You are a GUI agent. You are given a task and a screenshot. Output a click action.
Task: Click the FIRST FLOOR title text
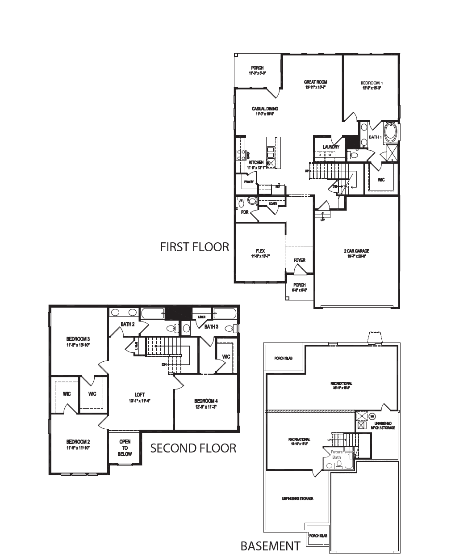tap(194, 247)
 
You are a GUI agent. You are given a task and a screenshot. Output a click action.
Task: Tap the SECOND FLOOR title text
tap(193, 448)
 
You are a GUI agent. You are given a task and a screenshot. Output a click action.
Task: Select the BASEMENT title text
tap(270, 546)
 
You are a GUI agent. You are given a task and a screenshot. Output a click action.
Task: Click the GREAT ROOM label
tap(315, 82)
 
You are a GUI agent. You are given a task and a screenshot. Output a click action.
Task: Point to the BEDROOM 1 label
tap(372, 83)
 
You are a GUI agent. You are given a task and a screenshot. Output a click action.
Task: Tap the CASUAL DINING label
tap(265, 109)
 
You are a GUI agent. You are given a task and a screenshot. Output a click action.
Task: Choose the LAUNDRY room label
tap(331, 147)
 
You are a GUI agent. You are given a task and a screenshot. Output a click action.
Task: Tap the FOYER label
tap(299, 260)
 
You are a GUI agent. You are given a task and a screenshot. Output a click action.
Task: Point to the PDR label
tap(244, 212)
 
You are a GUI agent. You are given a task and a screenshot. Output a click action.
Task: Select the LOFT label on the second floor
tap(139, 394)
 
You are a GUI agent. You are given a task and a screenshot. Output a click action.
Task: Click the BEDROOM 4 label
tap(205, 401)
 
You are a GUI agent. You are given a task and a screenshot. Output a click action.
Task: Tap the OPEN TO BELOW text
tap(125, 448)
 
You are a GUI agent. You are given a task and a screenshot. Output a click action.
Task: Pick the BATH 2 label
tap(128, 324)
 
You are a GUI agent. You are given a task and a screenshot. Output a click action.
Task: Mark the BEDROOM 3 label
tap(78, 338)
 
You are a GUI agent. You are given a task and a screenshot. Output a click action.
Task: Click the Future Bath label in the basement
tap(336, 454)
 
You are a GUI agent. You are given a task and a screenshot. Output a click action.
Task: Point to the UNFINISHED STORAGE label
tap(297, 499)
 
